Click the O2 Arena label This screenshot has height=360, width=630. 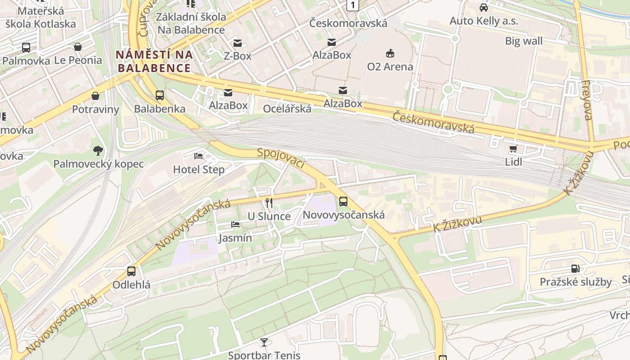click(390, 67)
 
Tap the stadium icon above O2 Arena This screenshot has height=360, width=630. click(390, 54)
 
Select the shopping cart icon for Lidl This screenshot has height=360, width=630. click(513, 149)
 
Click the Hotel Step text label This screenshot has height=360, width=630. click(198, 170)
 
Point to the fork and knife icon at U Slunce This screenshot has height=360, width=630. click(269, 203)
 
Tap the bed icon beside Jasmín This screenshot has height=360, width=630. click(235, 225)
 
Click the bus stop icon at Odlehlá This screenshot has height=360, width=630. click(131, 271)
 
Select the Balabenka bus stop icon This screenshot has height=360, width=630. click(160, 95)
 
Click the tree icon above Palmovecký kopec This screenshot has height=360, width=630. click(98, 150)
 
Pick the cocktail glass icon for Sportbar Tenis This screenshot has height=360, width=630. click(264, 342)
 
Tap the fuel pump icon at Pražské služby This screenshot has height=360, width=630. click(576, 269)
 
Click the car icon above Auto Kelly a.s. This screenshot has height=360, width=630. click(484, 8)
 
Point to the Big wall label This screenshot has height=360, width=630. click(523, 41)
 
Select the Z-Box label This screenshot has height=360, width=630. click(238, 56)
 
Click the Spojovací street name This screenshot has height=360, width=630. click(281, 159)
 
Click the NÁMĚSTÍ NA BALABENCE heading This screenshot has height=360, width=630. click(154, 61)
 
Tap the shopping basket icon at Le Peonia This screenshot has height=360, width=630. click(78, 47)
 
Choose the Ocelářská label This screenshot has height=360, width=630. click(287, 108)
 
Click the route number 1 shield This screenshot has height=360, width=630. click(353, 5)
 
